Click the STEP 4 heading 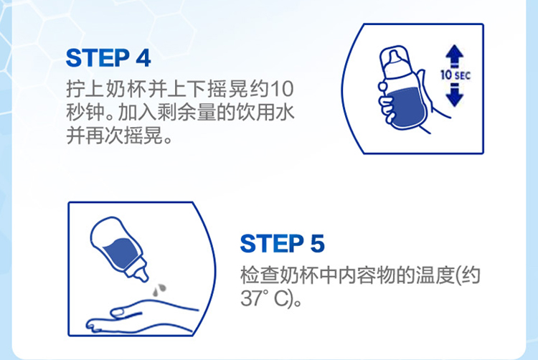pos(108,58)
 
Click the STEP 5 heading pos(283,243)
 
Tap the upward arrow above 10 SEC pos(455,56)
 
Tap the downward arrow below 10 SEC pos(455,94)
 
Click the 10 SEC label pos(456,75)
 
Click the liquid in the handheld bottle pos(407,108)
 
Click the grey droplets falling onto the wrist pos(159,289)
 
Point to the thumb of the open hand pos(126,312)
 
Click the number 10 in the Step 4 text pos(282,89)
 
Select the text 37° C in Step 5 pos(264,298)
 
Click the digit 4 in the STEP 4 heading pos(143,58)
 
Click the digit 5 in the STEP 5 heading pos(317,244)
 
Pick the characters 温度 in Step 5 pos(435,275)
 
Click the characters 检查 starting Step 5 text pos(260,275)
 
